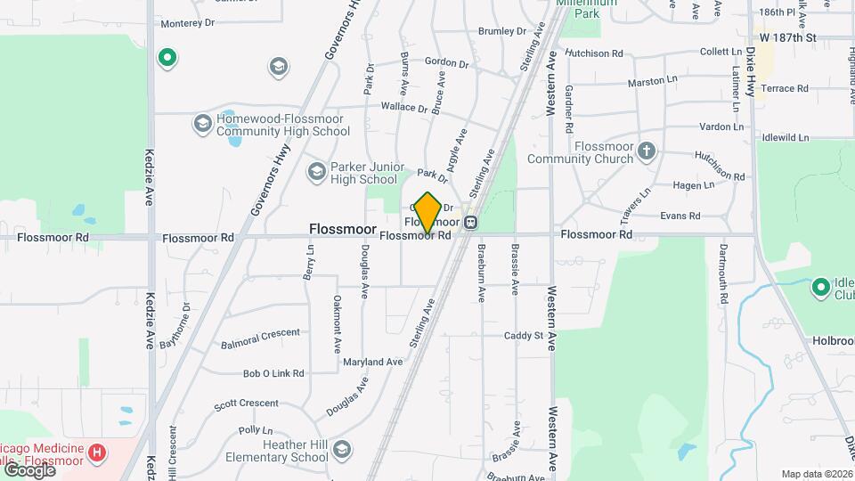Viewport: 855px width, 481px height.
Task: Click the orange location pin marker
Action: point(427,212)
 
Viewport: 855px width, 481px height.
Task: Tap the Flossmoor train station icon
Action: point(470,221)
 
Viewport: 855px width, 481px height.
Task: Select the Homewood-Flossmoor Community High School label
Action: point(272,126)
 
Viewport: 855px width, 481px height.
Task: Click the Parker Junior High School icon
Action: point(315,170)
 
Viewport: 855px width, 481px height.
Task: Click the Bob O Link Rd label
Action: point(273,374)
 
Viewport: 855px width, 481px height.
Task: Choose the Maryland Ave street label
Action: point(375,362)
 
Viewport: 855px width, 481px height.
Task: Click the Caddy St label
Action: point(523,336)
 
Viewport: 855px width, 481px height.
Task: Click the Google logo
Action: point(28,469)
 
